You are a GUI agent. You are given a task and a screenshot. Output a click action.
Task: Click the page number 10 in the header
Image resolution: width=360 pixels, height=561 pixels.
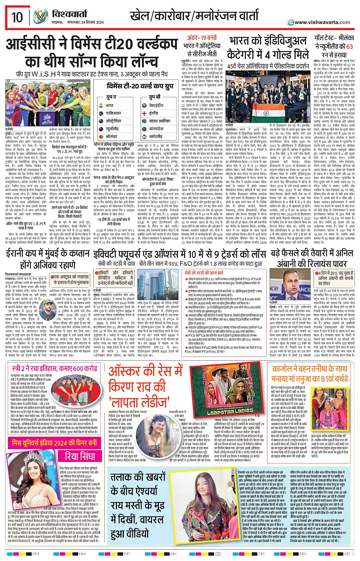click(17, 17)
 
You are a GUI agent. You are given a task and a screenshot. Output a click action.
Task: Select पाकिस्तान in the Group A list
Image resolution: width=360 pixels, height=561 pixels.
click(113, 113)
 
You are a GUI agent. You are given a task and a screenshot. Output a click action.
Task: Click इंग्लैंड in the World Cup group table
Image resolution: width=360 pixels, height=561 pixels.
click(154, 113)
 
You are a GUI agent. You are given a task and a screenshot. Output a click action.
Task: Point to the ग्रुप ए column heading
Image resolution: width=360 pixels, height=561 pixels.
click(111, 97)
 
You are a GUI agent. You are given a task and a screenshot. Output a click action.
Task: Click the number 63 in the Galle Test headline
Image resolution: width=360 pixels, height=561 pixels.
click(349, 46)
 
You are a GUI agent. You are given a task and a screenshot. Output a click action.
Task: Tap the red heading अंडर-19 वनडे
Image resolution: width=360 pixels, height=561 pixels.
click(202, 38)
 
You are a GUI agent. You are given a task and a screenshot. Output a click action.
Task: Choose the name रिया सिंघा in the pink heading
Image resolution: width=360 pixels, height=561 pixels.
click(80, 456)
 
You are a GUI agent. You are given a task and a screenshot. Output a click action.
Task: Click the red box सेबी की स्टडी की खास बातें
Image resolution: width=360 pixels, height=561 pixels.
click(204, 273)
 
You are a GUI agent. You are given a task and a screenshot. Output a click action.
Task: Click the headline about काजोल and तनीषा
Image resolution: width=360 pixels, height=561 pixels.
click(309, 374)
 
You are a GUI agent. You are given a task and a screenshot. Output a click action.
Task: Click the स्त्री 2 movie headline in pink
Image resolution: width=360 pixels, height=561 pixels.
click(54, 369)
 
